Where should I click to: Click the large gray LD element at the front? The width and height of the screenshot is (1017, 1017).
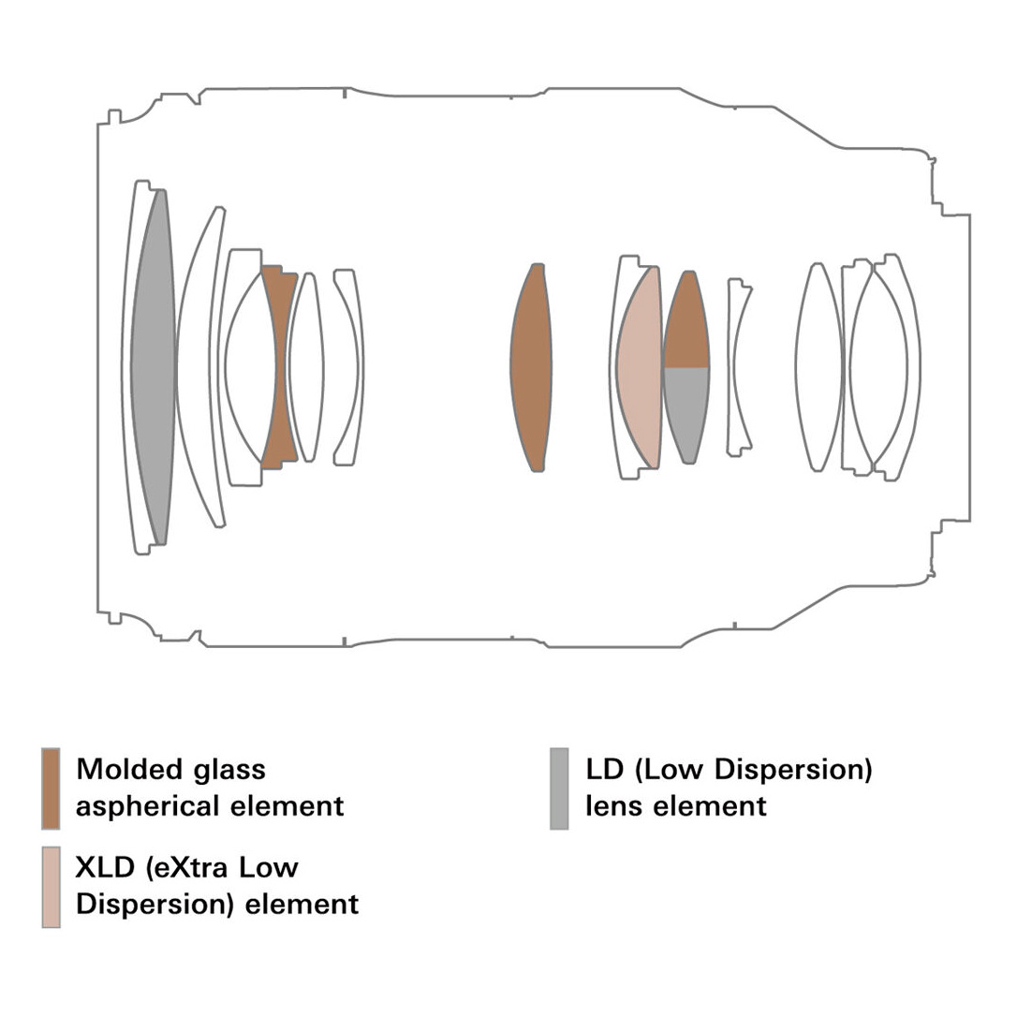tap(154, 367)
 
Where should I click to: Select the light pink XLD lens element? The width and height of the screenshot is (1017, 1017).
tap(639, 367)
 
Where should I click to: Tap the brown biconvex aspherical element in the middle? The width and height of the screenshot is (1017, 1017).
tap(531, 367)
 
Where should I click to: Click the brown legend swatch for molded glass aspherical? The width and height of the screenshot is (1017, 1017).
tap(51, 789)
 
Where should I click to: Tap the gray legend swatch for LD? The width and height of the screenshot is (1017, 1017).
tap(559, 789)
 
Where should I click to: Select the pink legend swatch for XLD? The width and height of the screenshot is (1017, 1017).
tap(51, 887)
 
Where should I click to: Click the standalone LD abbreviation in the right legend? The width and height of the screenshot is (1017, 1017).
tap(605, 770)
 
